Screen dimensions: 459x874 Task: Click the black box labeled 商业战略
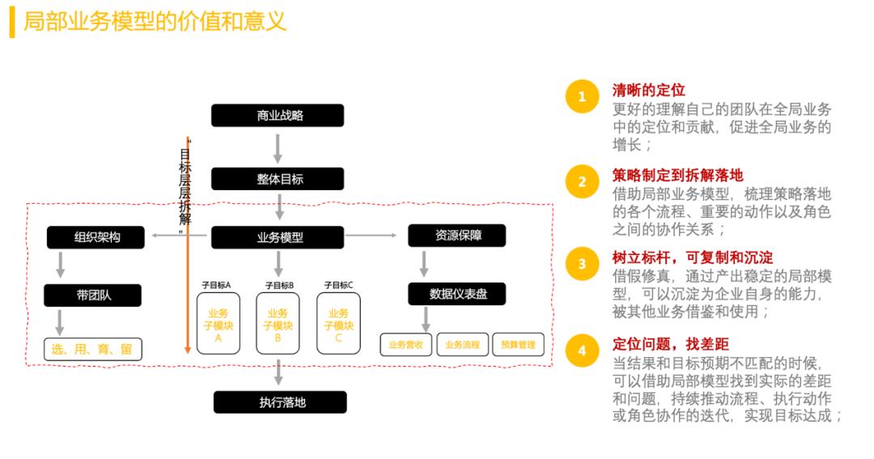click(x=279, y=116)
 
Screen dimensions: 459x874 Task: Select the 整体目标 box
click(x=279, y=179)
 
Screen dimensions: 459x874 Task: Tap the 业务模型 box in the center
click(x=279, y=238)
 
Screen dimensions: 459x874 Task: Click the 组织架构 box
click(x=95, y=237)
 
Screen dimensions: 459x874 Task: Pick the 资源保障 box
click(x=457, y=236)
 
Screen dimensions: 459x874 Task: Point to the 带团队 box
click(x=93, y=295)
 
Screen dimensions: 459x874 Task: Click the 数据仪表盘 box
click(x=457, y=294)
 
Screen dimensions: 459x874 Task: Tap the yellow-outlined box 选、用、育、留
click(x=92, y=350)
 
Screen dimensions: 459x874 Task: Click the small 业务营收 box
click(x=406, y=344)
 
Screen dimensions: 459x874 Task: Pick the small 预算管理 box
click(x=517, y=344)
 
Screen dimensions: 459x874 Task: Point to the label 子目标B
click(x=279, y=285)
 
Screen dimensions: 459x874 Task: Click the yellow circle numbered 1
click(x=581, y=98)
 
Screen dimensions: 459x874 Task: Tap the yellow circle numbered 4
click(x=581, y=351)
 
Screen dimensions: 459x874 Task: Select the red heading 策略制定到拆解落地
click(x=677, y=175)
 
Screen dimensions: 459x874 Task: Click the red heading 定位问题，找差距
click(x=671, y=344)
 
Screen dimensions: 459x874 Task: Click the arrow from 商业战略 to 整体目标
click(x=278, y=148)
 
